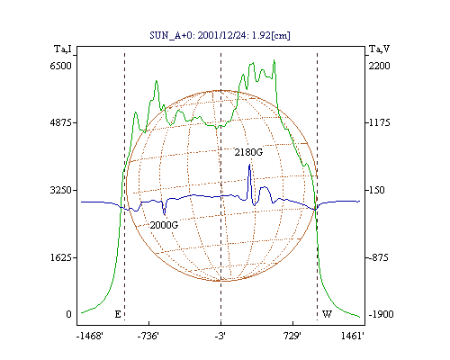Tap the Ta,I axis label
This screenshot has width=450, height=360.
(63, 49)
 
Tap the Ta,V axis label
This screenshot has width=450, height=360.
(379, 49)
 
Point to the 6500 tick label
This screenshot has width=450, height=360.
(60, 66)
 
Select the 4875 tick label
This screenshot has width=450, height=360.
(60, 122)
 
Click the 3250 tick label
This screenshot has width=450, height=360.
(60, 190)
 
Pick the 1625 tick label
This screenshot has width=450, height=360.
(60, 257)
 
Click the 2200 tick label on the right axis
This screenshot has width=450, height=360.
(379, 66)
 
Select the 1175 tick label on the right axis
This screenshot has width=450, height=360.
(379, 122)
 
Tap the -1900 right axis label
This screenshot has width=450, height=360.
(381, 314)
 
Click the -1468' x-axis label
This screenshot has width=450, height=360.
(90, 336)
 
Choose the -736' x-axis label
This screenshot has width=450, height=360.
(148, 336)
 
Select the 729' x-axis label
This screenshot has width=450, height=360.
(292, 336)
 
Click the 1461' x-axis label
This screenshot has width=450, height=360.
(353, 336)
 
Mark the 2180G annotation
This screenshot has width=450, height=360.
(248, 152)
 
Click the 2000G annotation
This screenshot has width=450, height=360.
(164, 225)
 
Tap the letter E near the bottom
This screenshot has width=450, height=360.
(118, 314)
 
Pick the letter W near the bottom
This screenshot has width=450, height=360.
(327, 314)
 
